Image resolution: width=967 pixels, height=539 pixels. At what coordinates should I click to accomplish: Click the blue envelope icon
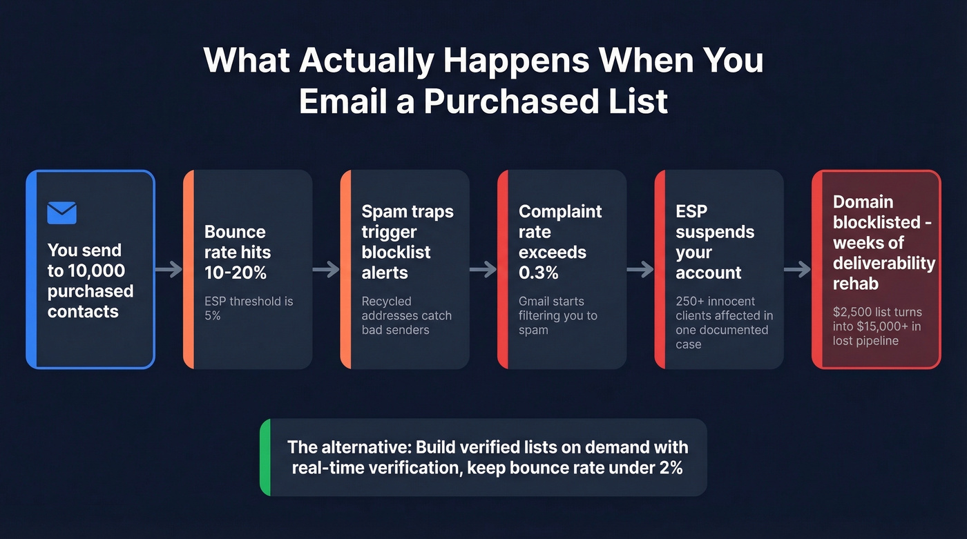(61, 213)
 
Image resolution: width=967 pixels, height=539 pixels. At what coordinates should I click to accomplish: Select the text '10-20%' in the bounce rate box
(236, 272)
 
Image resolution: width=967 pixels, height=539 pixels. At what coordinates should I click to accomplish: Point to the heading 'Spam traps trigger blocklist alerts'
(408, 242)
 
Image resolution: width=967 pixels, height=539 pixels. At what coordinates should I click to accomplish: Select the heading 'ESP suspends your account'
(715, 242)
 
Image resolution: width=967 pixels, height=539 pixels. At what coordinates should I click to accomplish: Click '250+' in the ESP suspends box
(690, 301)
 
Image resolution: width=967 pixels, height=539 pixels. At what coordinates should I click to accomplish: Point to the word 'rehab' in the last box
(856, 284)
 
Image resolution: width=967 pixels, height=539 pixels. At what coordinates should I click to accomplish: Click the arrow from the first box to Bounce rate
(169, 269)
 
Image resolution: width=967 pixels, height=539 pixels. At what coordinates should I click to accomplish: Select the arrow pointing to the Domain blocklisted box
(797, 269)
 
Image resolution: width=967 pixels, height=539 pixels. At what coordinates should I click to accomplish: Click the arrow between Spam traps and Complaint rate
(483, 269)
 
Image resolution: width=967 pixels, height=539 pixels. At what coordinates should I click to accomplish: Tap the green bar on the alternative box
(265, 457)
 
